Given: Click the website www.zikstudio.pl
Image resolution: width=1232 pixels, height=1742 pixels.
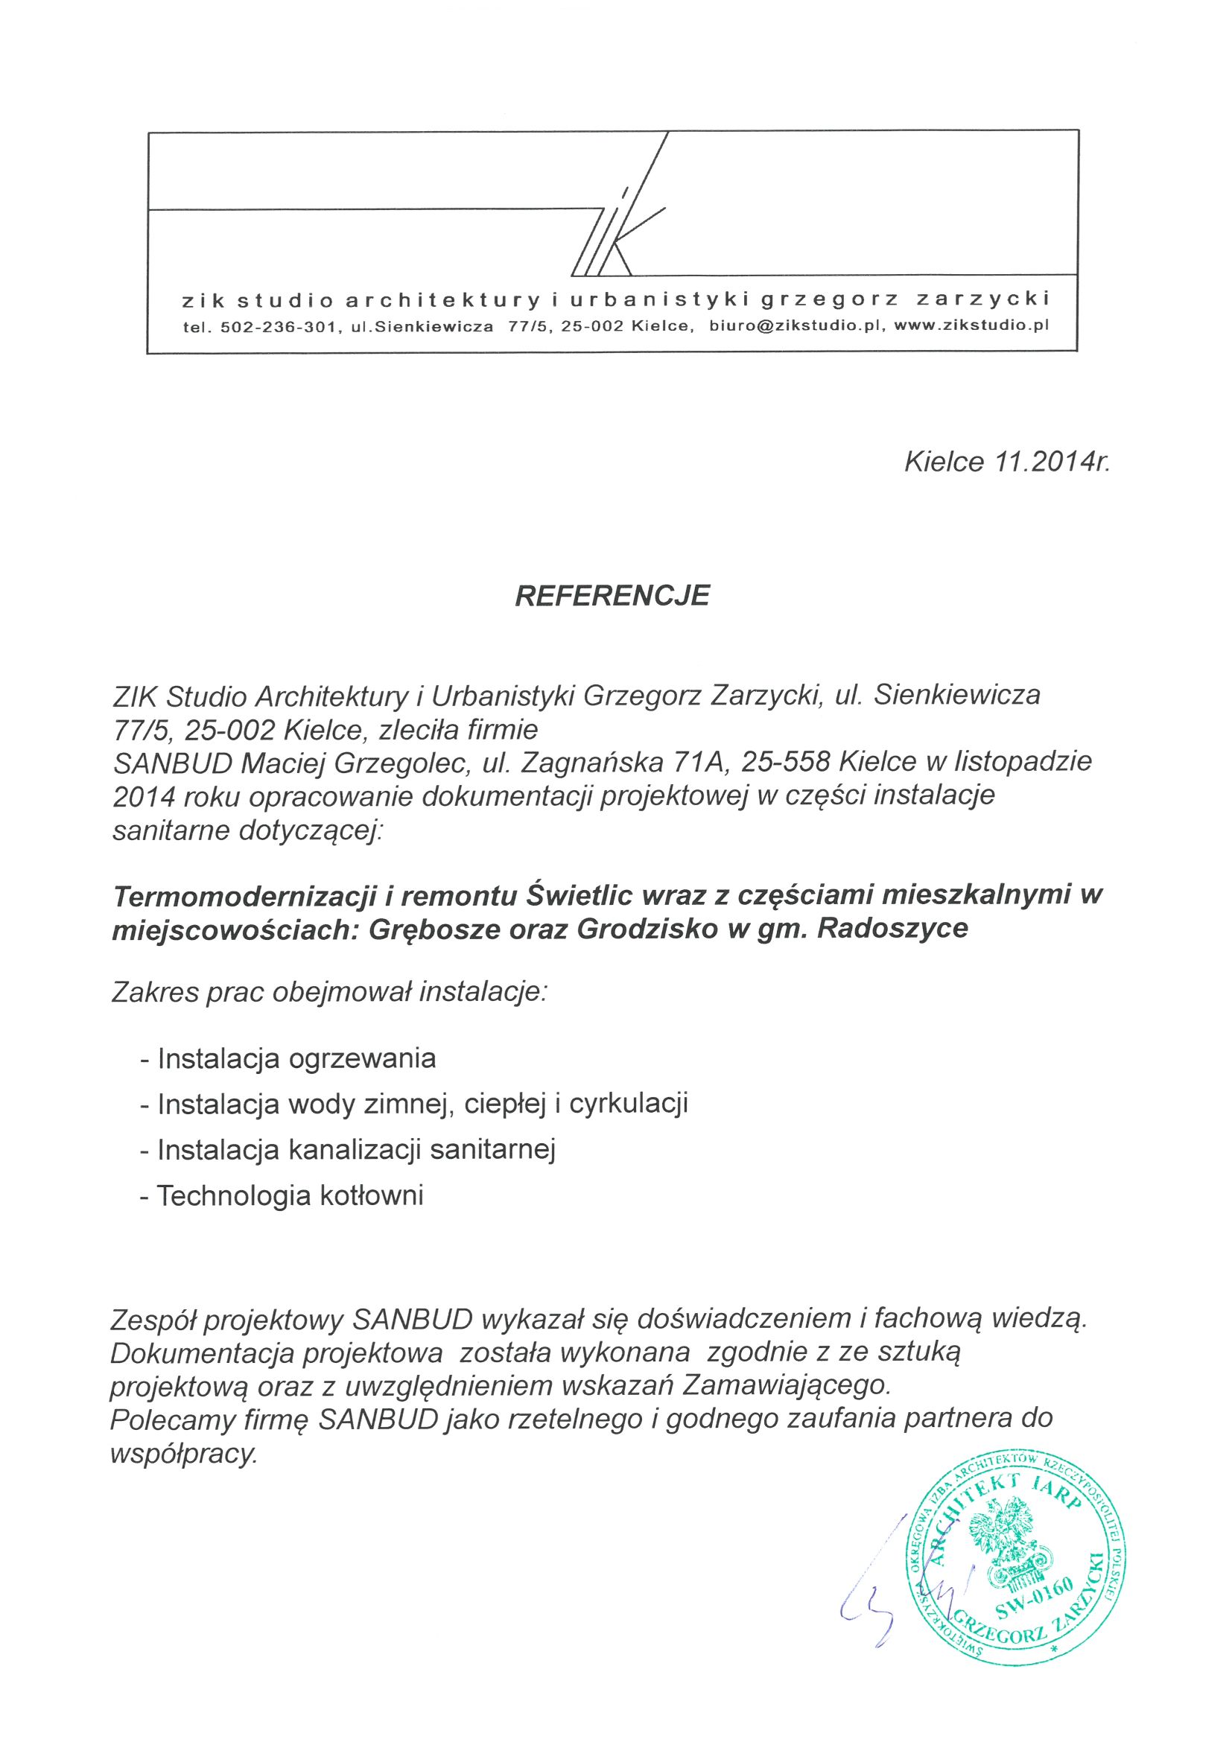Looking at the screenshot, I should coord(972,327).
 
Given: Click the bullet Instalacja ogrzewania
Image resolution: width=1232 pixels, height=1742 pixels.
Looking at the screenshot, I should coord(296,1058).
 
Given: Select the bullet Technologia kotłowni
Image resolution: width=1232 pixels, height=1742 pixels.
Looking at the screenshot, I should coord(290,1197).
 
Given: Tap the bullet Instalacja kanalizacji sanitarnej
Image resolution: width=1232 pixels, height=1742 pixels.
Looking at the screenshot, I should coord(357,1150).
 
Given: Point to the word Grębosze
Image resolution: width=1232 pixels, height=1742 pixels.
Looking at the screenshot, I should coord(431,930).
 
